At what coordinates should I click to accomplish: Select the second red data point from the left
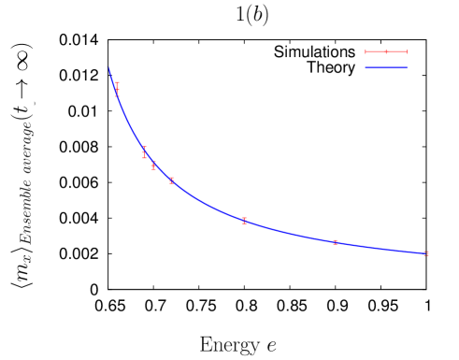tap(145, 152)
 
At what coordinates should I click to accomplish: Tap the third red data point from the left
tap(153, 166)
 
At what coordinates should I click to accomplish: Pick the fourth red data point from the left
tap(172, 180)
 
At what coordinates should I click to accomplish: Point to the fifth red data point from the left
tap(245, 221)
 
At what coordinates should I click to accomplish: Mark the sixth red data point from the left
tap(335, 242)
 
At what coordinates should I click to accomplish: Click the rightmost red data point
tap(426, 252)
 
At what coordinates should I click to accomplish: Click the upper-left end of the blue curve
tap(108, 68)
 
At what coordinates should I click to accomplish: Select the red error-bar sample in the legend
tap(386, 51)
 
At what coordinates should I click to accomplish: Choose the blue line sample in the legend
tap(386, 67)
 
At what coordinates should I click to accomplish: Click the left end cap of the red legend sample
tap(366, 51)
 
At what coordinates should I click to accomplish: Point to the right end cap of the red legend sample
tap(407, 51)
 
